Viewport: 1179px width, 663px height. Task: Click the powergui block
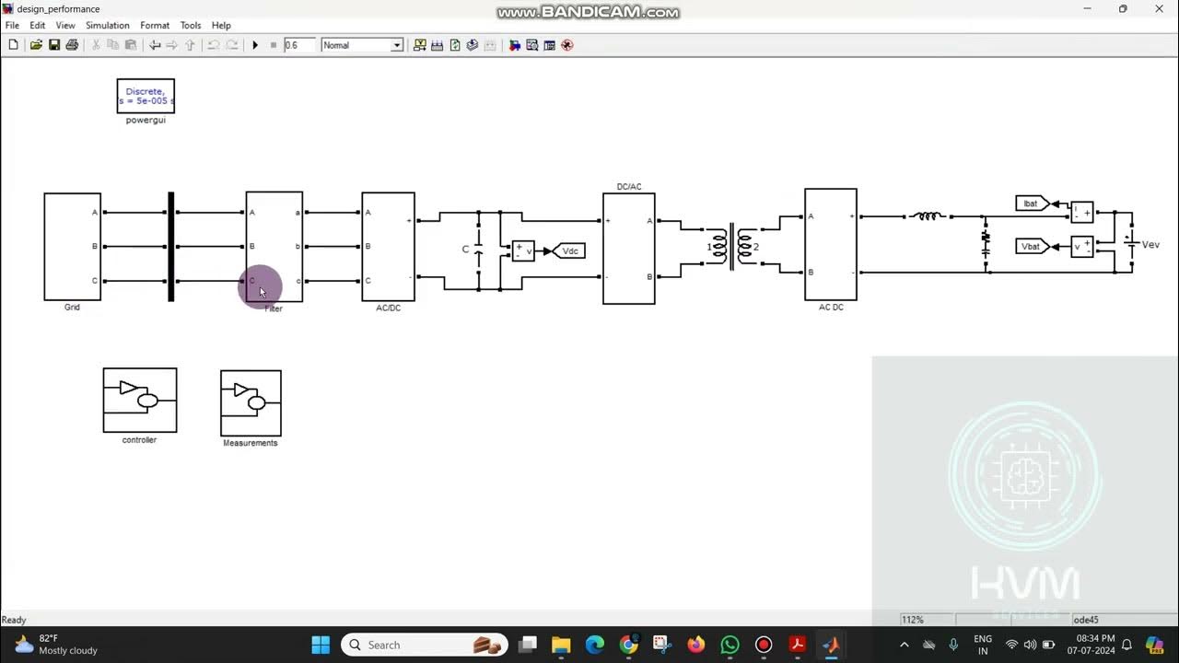[x=146, y=96]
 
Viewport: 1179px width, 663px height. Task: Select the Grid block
[x=72, y=246]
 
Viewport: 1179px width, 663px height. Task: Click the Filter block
[x=274, y=246]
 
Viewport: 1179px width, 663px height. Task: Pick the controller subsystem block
[x=140, y=401]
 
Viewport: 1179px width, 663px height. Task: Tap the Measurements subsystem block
[x=251, y=403]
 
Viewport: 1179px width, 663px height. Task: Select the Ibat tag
[x=1031, y=204]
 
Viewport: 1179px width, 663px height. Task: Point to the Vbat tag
[x=1031, y=246]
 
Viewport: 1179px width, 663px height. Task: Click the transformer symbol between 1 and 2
[x=732, y=246]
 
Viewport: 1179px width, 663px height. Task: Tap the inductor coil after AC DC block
[x=927, y=216]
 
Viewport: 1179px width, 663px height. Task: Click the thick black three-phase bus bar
[x=170, y=246]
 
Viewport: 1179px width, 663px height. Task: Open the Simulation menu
[x=108, y=26]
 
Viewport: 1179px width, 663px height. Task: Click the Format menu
[x=155, y=26]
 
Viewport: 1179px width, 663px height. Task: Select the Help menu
[x=221, y=26]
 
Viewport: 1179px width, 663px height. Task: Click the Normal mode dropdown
[x=362, y=45]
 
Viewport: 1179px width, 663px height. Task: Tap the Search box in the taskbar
[x=424, y=645]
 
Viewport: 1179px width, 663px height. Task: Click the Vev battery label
[x=1150, y=245]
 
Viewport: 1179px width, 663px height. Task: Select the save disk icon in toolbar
[x=54, y=45]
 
